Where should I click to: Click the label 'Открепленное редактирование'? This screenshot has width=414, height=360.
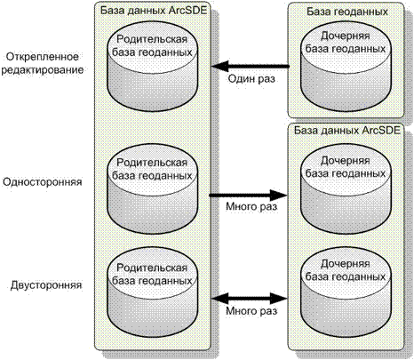tap(43, 63)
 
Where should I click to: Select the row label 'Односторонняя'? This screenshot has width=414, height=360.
tap(43, 181)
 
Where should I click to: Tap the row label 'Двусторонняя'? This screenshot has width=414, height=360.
tap(46, 285)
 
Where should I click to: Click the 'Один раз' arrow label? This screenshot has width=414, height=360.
tap(251, 79)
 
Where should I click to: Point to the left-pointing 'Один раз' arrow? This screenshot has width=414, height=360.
tap(251, 66)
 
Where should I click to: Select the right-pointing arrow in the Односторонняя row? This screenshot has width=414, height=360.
tap(248, 196)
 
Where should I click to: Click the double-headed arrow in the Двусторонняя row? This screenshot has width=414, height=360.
tap(250, 298)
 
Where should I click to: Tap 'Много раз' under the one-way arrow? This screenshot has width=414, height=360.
tap(251, 206)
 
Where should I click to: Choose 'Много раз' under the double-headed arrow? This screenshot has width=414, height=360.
tap(251, 310)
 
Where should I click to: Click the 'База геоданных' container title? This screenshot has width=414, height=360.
tap(347, 12)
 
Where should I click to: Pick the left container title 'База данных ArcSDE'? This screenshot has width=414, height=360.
tap(153, 10)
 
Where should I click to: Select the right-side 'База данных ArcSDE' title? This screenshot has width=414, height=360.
tap(346, 130)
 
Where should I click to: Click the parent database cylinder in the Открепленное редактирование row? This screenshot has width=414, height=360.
tap(152, 66)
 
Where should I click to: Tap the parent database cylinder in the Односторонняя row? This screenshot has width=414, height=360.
tap(152, 189)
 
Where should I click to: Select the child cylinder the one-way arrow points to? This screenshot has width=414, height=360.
tap(346, 189)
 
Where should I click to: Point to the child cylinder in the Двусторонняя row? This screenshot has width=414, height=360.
tap(346, 294)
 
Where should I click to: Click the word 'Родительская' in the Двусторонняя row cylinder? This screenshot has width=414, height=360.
tap(152, 268)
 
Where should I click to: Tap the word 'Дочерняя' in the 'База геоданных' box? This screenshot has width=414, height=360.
tap(346, 36)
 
